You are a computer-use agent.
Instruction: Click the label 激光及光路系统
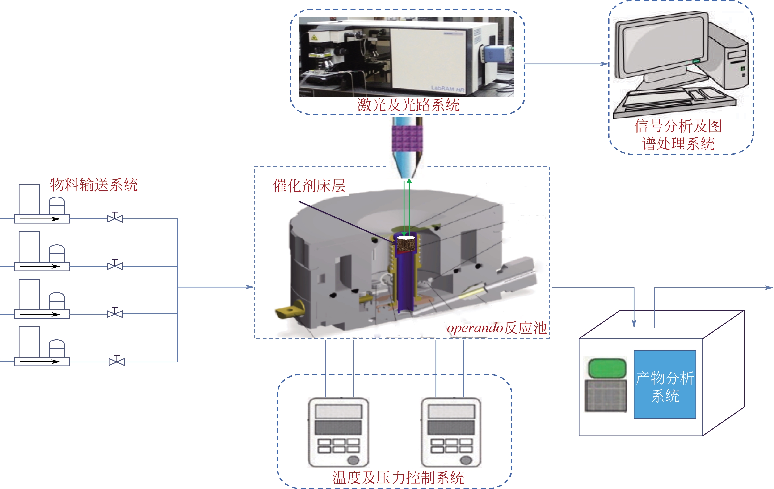click(408, 105)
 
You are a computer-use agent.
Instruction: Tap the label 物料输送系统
click(94, 185)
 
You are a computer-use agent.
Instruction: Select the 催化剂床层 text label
click(309, 185)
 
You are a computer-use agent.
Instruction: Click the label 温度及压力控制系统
click(398, 477)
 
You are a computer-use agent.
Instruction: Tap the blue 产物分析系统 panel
click(665, 384)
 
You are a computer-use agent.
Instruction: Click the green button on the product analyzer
click(607, 368)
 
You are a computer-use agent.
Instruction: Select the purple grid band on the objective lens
click(407, 138)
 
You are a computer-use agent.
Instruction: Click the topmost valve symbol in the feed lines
click(115, 218)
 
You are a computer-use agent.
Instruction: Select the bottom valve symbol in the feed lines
click(117, 361)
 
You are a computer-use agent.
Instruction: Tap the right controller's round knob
click(466, 460)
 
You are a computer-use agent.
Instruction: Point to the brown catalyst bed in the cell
click(407, 245)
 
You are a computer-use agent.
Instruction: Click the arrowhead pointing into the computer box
click(604, 64)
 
